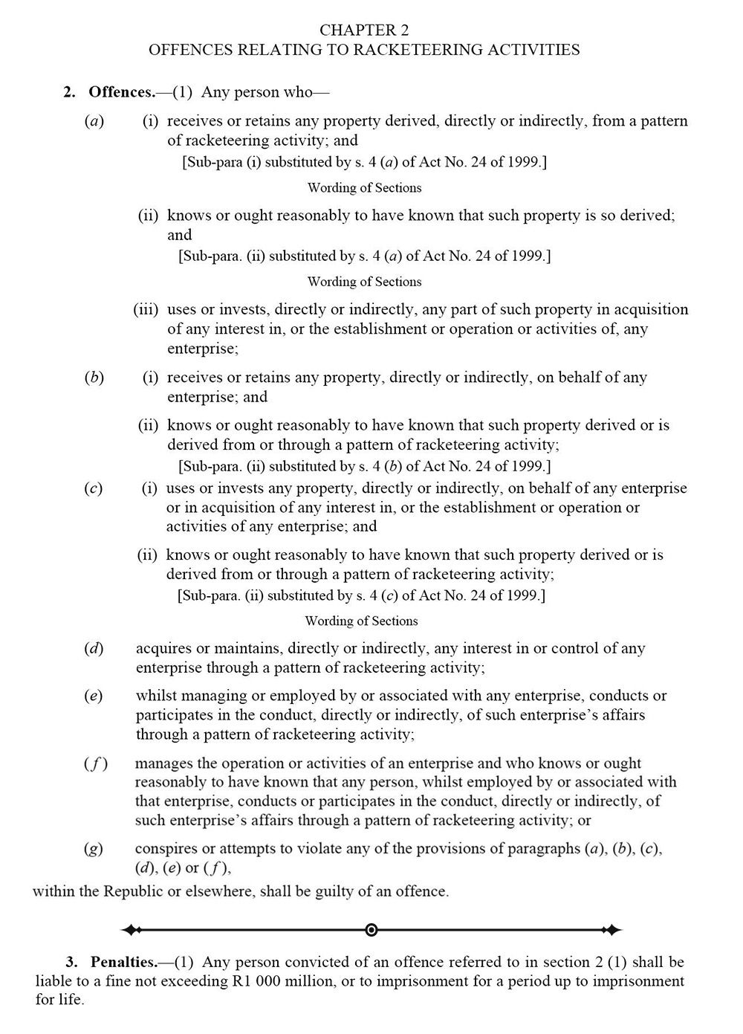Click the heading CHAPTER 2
click(363, 30)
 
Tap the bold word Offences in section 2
click(120, 92)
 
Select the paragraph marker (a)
click(94, 121)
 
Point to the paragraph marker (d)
click(94, 648)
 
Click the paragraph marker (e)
click(94, 696)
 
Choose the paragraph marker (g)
click(94, 848)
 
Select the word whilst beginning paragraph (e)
click(156, 696)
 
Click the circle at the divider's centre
click(371, 929)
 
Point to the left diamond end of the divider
click(132, 929)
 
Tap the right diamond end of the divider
click(611, 929)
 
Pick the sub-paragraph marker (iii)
click(146, 309)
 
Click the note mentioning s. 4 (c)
click(361, 595)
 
